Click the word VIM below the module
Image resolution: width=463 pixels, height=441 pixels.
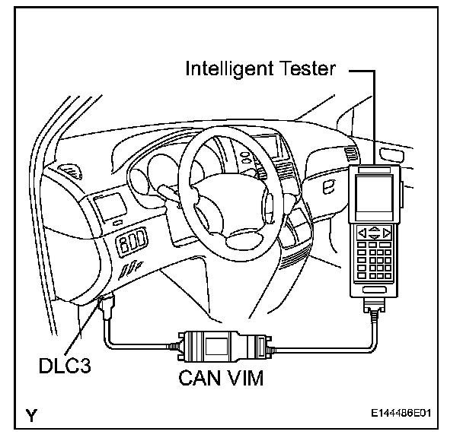pos(244,378)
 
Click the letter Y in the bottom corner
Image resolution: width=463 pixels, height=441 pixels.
pos(31,415)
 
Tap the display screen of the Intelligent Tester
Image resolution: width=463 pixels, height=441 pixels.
pos(373,195)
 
